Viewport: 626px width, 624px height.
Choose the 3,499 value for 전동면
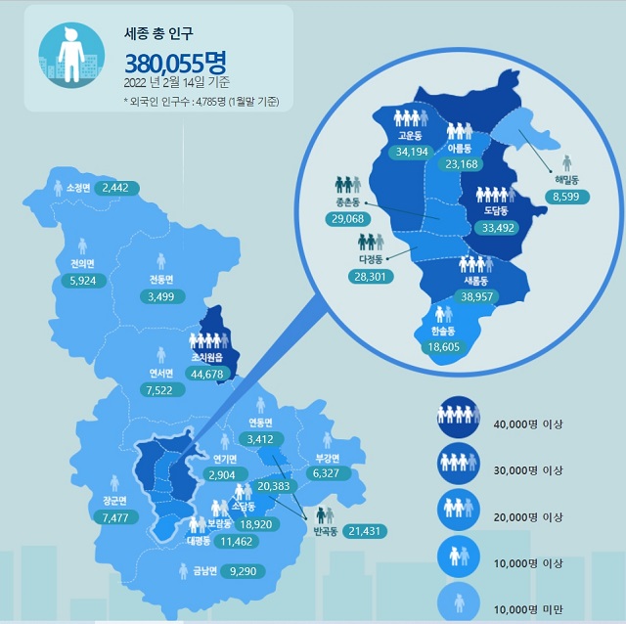155,296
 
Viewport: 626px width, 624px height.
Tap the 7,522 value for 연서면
162,390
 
